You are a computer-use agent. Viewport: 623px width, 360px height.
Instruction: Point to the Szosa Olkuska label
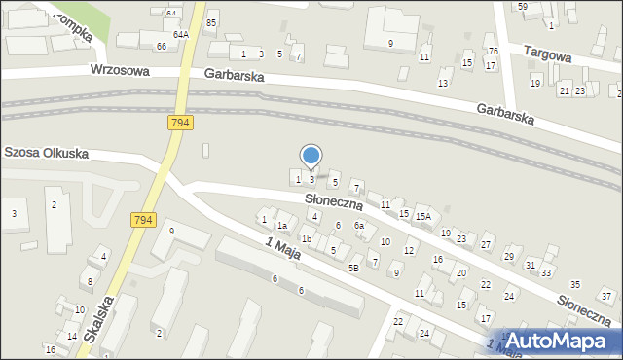(x=47, y=153)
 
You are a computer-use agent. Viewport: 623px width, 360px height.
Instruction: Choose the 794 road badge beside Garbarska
(x=179, y=122)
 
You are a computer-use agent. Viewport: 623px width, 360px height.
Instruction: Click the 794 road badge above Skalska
(x=143, y=221)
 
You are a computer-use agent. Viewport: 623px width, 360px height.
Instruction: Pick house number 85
(x=211, y=21)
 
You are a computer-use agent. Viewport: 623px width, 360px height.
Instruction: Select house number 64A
(x=181, y=34)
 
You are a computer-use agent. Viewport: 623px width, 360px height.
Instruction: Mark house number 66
(x=161, y=46)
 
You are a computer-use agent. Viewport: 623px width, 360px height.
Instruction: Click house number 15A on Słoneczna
(x=422, y=217)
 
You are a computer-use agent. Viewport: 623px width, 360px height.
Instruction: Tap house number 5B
(x=354, y=268)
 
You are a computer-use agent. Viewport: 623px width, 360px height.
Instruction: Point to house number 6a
(x=358, y=226)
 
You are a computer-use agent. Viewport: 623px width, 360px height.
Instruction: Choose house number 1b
(x=306, y=239)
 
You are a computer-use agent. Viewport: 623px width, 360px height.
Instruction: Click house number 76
(x=493, y=51)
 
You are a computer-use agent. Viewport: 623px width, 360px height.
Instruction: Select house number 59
(x=523, y=7)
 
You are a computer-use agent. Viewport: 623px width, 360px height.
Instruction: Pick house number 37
(x=605, y=294)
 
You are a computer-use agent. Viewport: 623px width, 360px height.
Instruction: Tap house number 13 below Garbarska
(x=443, y=84)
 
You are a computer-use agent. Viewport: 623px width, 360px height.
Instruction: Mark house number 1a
(x=282, y=226)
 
